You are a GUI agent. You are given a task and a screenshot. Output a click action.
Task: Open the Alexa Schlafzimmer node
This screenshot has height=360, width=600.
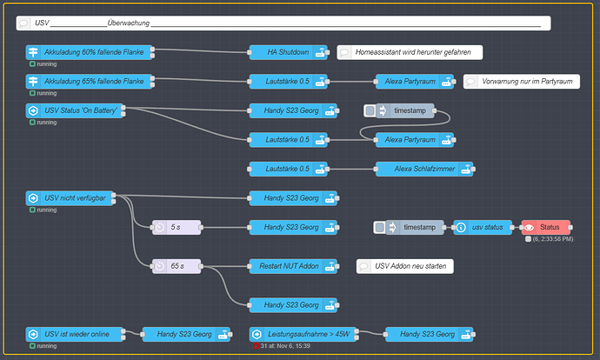click(415, 169)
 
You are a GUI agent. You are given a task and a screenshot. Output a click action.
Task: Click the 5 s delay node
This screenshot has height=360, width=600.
click(177, 228)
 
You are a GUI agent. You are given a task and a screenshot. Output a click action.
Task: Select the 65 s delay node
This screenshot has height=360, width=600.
click(177, 266)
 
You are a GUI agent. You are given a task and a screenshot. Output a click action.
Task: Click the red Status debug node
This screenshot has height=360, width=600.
click(545, 228)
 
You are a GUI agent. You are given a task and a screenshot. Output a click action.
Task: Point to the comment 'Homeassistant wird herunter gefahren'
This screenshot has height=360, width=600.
click(409, 52)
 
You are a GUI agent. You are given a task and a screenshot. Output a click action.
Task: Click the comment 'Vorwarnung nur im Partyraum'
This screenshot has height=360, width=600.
click(521, 82)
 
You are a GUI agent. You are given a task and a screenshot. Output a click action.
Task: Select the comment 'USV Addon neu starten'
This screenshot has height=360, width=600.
click(405, 266)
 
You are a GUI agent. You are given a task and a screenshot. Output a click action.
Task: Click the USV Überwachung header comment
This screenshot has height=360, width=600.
click(283, 23)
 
